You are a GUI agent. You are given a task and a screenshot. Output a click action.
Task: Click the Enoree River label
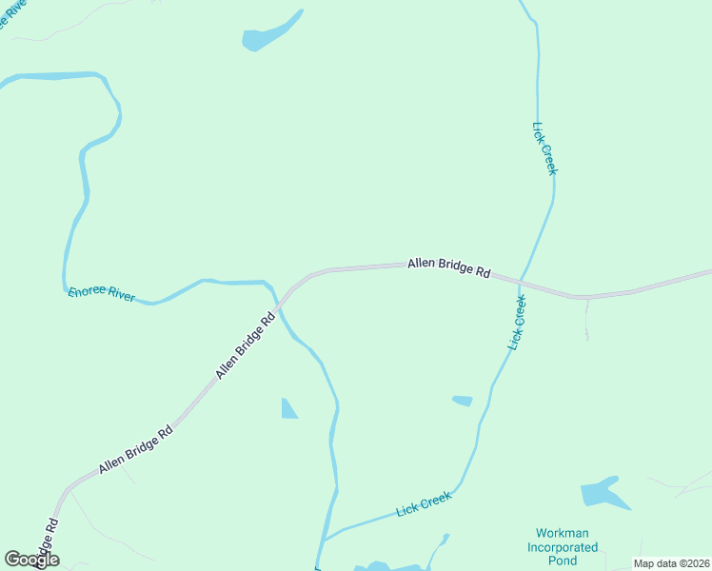(x=102, y=295)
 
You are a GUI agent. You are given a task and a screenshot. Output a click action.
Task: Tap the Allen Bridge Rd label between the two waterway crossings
(x=448, y=266)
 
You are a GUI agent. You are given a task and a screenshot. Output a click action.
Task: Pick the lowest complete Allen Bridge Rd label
(x=135, y=449)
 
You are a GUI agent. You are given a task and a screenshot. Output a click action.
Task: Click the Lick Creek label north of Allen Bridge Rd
(x=544, y=148)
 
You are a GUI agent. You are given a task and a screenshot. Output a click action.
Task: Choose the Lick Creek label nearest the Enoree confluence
(x=424, y=504)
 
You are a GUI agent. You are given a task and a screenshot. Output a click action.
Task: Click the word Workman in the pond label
(x=563, y=533)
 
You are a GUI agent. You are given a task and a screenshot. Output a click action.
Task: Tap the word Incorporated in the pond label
(x=563, y=547)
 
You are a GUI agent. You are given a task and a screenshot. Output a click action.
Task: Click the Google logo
(x=31, y=560)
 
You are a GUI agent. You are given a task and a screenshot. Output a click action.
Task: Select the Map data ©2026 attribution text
(x=671, y=563)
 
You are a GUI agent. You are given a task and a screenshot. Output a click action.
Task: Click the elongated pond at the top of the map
(x=269, y=33)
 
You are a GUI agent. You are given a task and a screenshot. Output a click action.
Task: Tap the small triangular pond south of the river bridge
(x=288, y=409)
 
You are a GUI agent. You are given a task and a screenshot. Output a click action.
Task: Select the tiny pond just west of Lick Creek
(x=463, y=401)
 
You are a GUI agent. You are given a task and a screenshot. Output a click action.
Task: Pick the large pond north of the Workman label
(x=603, y=493)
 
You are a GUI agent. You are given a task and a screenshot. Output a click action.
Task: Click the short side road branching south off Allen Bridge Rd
(x=587, y=319)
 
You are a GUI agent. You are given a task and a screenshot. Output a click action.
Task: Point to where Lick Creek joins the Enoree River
(x=324, y=541)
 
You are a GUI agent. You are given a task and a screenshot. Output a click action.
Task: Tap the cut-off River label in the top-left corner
(x=12, y=16)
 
